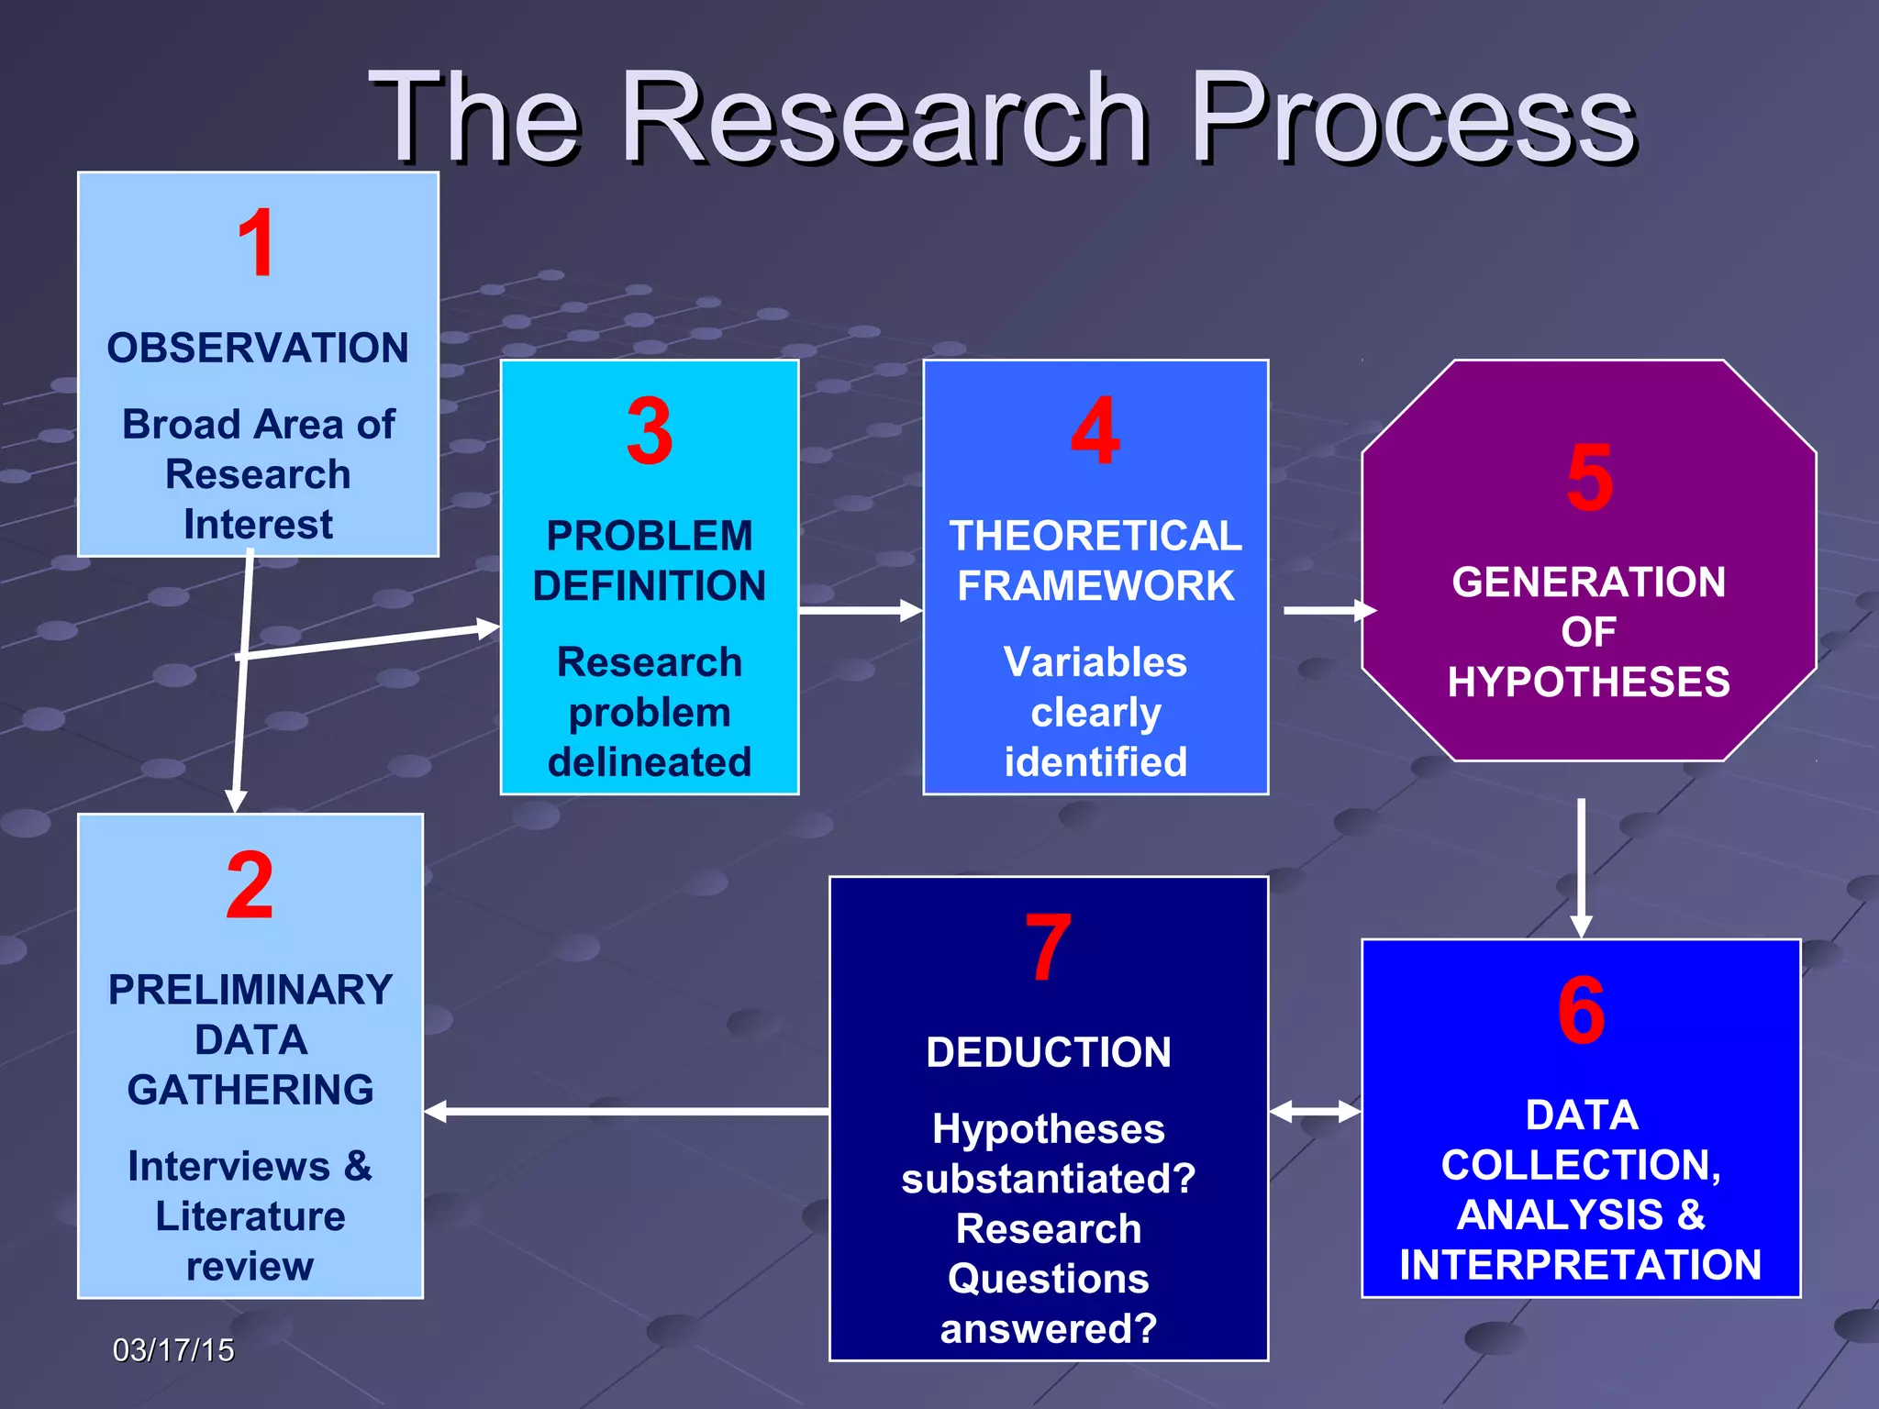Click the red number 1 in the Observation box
click(256, 243)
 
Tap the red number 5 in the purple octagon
click(1589, 478)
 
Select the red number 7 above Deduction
click(1048, 948)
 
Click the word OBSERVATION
click(258, 349)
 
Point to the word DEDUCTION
click(1049, 1052)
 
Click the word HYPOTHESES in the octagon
click(1589, 682)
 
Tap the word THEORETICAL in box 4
click(1095, 536)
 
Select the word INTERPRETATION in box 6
click(1580, 1265)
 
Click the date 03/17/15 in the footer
click(173, 1350)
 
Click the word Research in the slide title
click(884, 119)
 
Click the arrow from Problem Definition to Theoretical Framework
click(860, 610)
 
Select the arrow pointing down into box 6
click(1581, 867)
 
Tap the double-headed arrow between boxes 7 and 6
click(1315, 1112)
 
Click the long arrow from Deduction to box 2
click(627, 1112)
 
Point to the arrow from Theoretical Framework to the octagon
click(1329, 610)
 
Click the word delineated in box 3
click(650, 762)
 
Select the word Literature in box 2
click(250, 1216)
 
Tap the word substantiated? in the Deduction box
click(1049, 1179)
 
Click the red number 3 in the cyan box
click(650, 431)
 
